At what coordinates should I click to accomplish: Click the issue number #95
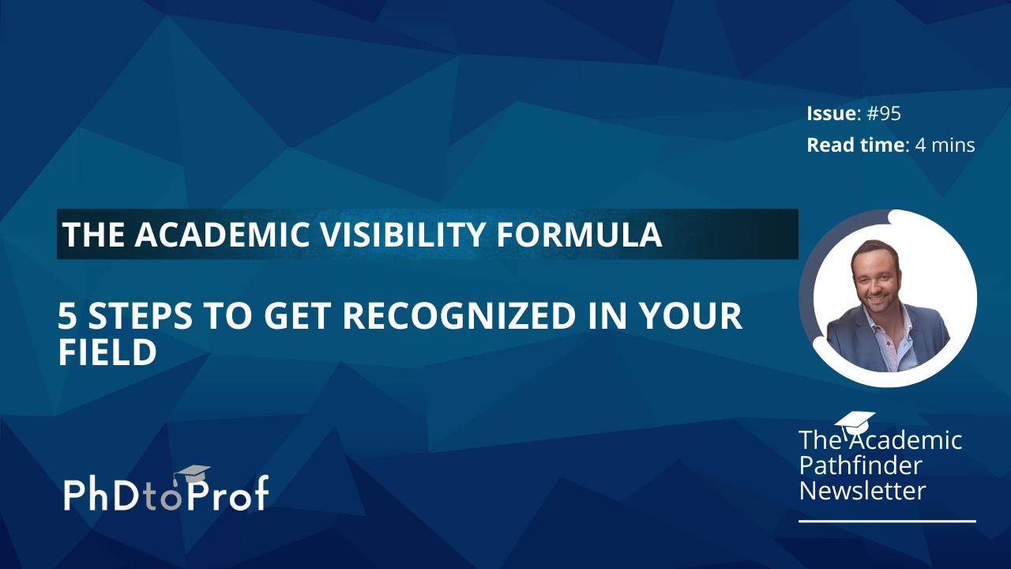(884, 114)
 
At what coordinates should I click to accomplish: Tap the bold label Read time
(855, 145)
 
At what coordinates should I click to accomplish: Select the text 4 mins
(945, 145)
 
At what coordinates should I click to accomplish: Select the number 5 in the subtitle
(68, 316)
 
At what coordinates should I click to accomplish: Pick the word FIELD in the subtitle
(107, 352)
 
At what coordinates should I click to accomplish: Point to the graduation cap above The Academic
(855, 421)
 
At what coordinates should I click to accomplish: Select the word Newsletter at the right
(862, 491)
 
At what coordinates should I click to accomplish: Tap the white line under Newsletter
(887, 521)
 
